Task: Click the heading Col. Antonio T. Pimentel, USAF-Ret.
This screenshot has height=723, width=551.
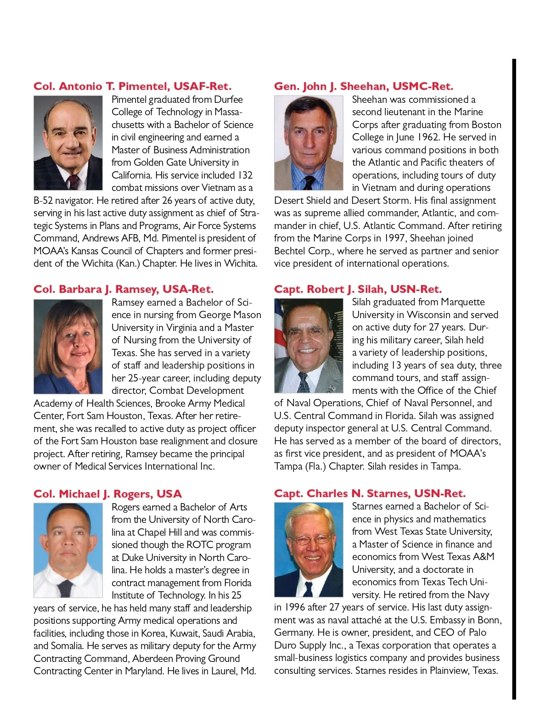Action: point(132,86)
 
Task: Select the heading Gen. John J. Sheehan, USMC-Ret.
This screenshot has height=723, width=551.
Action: point(363,86)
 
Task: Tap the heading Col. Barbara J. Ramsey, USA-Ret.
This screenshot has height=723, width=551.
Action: point(123,289)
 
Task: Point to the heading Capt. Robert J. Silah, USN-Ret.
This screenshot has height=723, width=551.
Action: point(358,289)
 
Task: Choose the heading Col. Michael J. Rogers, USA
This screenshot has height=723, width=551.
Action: point(107,494)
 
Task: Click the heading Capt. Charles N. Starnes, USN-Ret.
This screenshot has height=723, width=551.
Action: point(370,493)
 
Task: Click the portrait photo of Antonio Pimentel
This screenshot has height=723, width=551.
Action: point(68,143)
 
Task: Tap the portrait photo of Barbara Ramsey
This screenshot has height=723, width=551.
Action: point(68,347)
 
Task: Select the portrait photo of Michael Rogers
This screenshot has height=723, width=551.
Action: point(68,550)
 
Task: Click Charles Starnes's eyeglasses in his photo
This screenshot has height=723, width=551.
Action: point(309,538)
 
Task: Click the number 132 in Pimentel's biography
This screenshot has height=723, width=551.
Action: point(245,175)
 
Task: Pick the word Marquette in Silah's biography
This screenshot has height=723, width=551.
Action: point(462,302)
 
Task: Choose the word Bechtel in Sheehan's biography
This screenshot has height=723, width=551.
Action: point(290,251)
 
